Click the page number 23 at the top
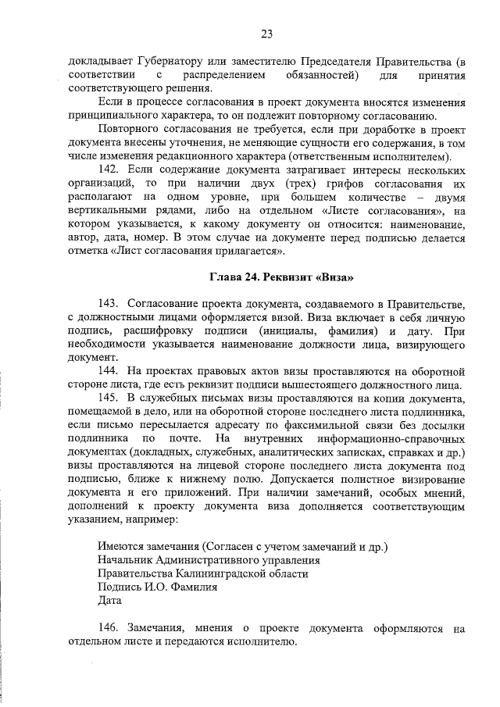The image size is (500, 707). pos(266,34)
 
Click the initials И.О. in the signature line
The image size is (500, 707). pos(159,587)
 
